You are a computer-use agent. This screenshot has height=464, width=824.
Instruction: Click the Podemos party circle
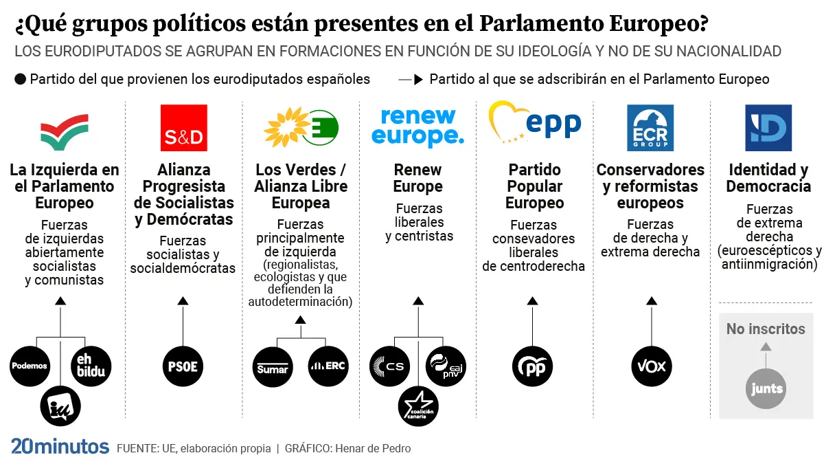(30, 366)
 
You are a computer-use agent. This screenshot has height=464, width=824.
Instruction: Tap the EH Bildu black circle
(91, 366)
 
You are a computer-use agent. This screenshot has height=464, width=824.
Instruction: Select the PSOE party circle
(183, 366)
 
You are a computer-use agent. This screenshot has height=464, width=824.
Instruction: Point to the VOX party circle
(652, 366)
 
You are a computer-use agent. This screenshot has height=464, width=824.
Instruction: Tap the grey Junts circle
(766, 388)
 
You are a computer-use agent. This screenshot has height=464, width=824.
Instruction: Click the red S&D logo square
(183, 128)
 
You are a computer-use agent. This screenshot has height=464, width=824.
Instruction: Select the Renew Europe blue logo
(417, 127)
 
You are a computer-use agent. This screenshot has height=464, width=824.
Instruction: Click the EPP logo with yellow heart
(534, 124)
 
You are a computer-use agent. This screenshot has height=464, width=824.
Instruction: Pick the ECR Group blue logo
(650, 128)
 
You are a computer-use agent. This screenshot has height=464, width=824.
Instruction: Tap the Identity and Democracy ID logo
(768, 128)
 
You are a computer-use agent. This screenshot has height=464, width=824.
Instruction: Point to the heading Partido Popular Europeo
(534, 186)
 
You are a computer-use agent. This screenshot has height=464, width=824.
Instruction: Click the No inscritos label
(766, 329)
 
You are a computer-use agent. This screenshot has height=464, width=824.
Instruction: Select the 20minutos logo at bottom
(60, 447)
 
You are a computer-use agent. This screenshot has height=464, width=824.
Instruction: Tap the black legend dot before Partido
(20, 79)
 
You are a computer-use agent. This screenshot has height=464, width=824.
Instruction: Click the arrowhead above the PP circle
(532, 300)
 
